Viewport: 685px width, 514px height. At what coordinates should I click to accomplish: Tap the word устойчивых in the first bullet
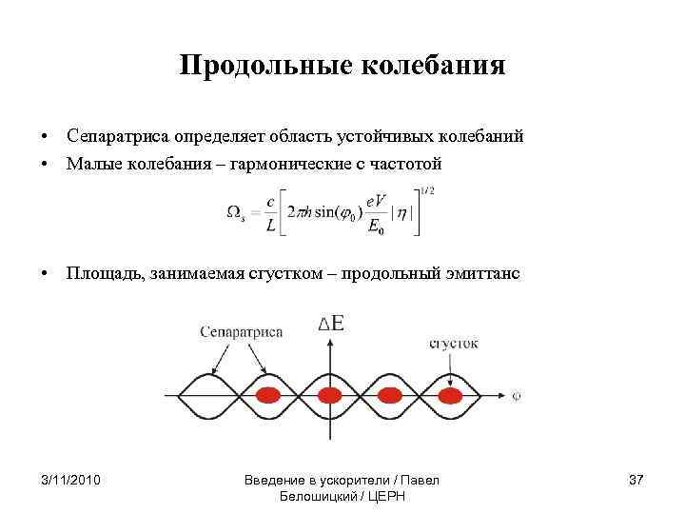(410, 137)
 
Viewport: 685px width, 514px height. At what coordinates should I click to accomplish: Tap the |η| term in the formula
(402, 213)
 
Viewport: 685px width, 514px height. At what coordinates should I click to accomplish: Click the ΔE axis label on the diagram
(331, 325)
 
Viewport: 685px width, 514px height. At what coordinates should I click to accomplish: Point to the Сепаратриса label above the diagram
(242, 332)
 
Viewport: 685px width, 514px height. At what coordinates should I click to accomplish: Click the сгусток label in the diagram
(454, 343)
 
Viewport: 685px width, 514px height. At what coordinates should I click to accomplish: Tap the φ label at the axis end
(515, 394)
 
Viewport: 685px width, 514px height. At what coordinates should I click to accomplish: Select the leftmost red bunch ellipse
(269, 394)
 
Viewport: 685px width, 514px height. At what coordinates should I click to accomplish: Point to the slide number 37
(636, 478)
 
